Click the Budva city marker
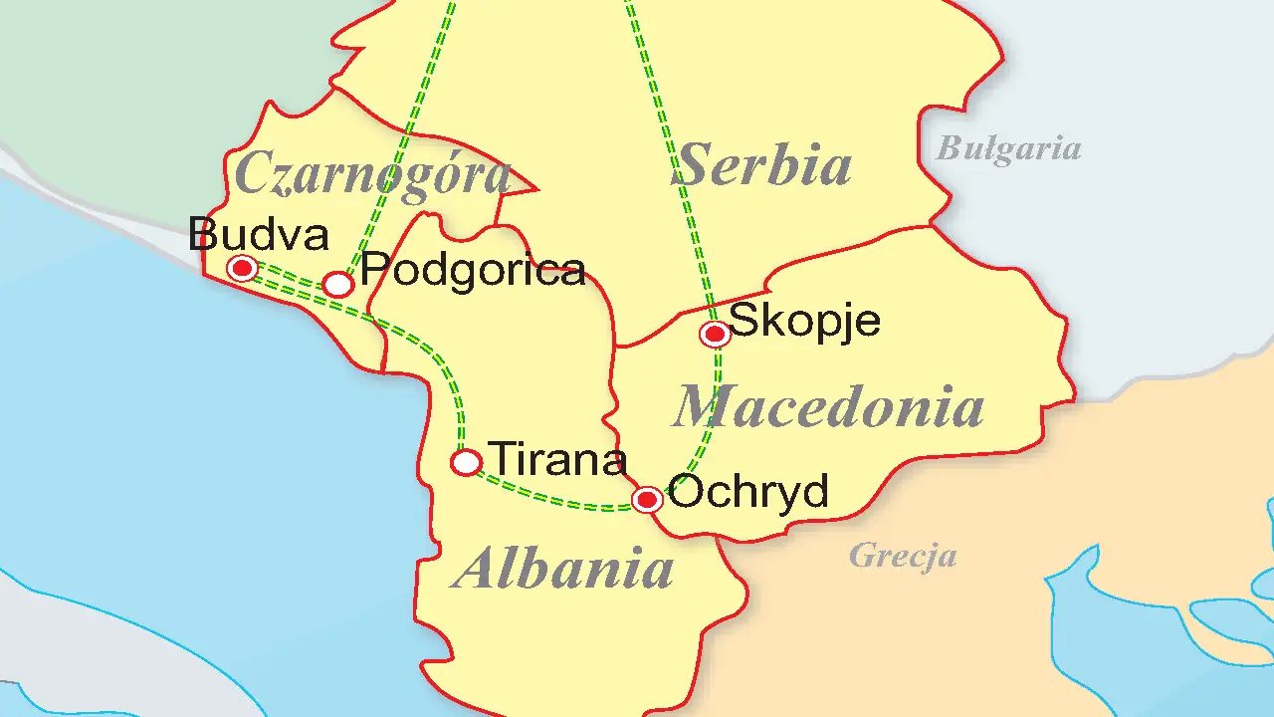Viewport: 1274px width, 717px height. click(242, 268)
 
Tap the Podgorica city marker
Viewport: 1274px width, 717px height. click(339, 285)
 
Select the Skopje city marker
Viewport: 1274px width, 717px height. click(715, 335)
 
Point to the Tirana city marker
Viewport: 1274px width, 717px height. click(467, 462)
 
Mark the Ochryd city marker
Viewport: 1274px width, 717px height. click(648, 499)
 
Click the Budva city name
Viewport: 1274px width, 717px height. click(258, 236)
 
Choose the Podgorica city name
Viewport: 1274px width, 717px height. click(472, 270)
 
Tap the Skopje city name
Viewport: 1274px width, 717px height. click(805, 321)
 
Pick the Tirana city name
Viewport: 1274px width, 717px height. click(558, 459)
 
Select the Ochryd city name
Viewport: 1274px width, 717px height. click(748, 491)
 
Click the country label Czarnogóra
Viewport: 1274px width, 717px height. click(372, 174)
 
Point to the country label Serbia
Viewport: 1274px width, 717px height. click(762, 165)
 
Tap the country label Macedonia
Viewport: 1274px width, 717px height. click(828, 406)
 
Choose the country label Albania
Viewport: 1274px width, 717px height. click(562, 570)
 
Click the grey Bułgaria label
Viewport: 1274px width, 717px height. click(1008, 149)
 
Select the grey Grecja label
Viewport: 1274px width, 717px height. click(903, 556)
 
